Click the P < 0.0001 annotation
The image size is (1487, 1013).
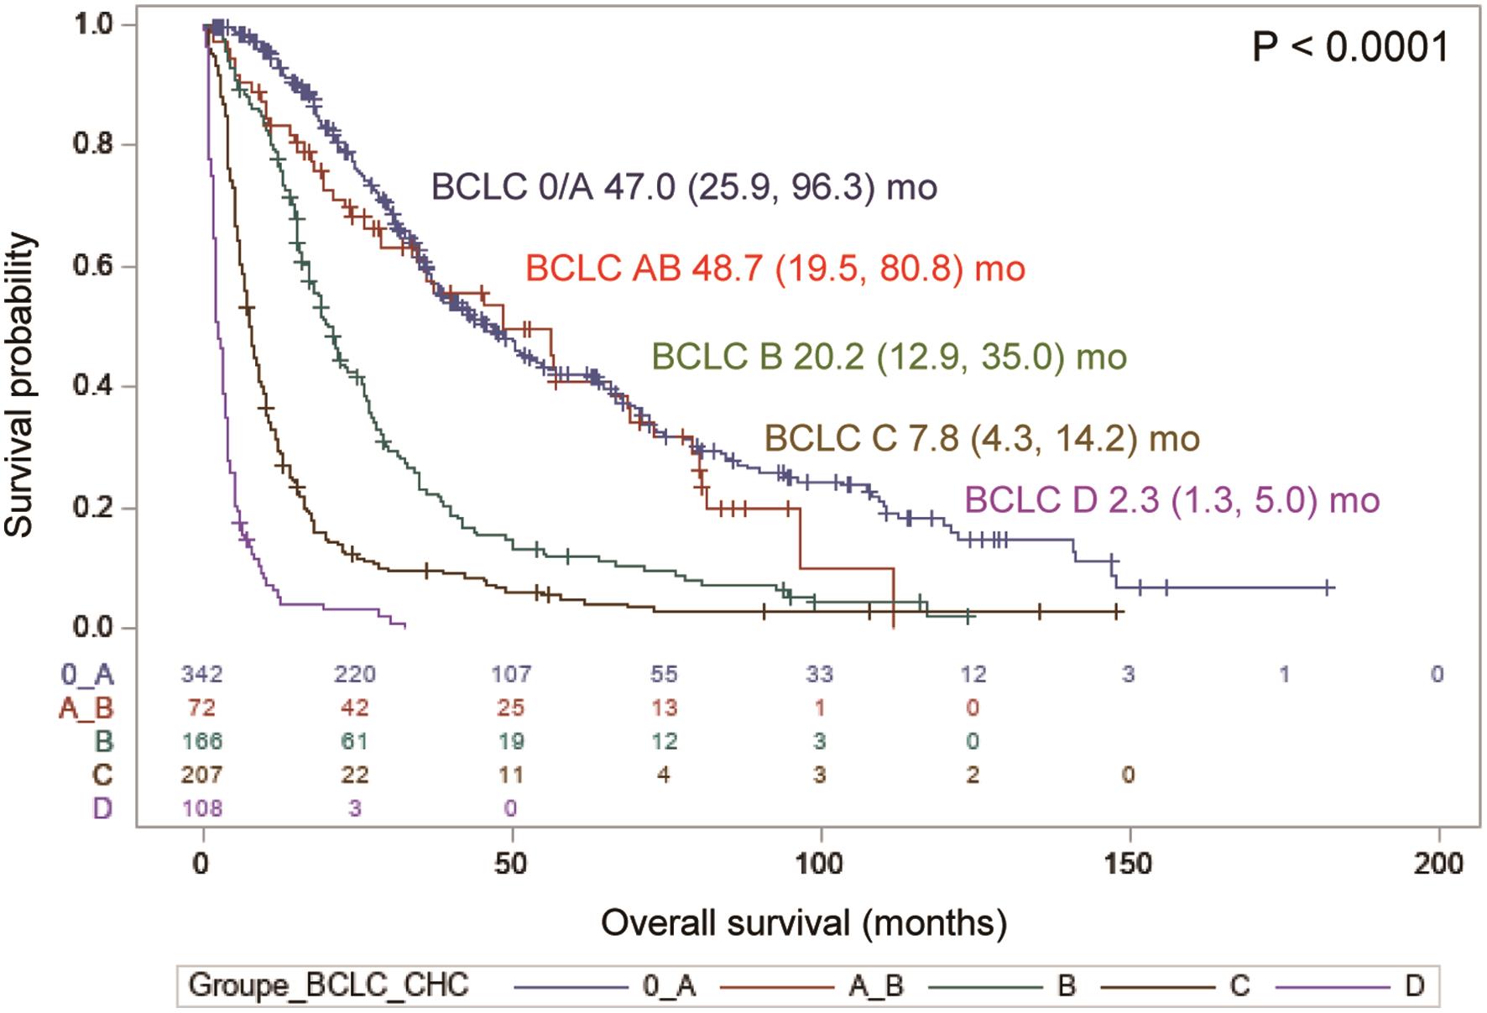[1349, 47]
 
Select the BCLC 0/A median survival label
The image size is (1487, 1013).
[684, 187]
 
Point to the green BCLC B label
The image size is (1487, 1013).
[889, 357]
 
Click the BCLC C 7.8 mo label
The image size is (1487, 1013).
[981, 438]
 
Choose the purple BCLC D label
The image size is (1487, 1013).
[1171, 500]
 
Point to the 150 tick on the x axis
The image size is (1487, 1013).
[1130, 863]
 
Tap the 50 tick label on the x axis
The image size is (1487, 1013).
[511, 863]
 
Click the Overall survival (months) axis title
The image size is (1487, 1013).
[803, 923]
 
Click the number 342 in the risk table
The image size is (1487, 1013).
[202, 674]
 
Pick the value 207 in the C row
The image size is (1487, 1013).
[202, 775]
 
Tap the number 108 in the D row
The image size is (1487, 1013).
[202, 808]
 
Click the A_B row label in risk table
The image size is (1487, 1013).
[86, 708]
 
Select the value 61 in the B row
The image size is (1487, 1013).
[355, 741]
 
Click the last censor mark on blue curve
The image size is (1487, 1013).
[1328, 587]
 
